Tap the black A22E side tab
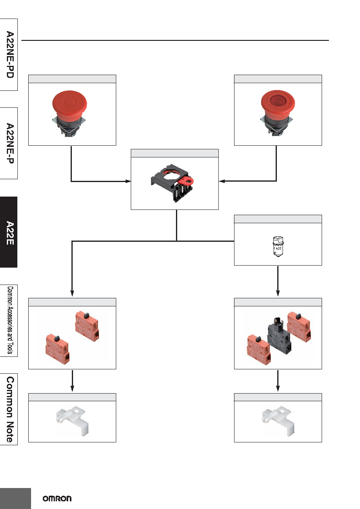(x=8, y=232)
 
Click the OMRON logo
(x=57, y=499)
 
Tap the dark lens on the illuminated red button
(x=278, y=100)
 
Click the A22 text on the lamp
(x=278, y=248)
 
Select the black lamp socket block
(x=279, y=336)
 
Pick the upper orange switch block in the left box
(x=87, y=326)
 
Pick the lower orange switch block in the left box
(x=58, y=350)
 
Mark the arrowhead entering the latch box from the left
(x=128, y=181)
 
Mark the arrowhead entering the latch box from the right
(x=222, y=181)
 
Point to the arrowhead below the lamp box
(x=278, y=293)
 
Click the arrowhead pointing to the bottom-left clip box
(x=72, y=388)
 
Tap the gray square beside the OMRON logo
(x=15, y=499)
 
